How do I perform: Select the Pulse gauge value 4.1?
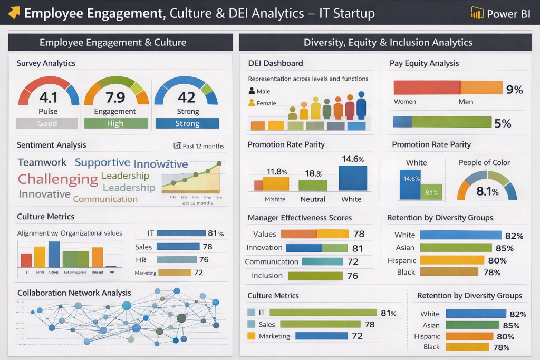48,98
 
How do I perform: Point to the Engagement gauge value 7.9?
115,98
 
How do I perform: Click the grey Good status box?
47,123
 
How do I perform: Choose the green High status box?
115,123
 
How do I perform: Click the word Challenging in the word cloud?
58,179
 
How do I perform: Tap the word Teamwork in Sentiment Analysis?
42,162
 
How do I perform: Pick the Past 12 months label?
199,146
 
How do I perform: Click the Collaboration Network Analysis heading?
74,293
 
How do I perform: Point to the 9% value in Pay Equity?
514,90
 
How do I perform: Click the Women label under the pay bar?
405,102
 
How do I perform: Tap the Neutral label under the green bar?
313,199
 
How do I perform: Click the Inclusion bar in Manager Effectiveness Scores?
315,275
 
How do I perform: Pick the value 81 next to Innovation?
358,248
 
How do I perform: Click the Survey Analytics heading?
46,63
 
